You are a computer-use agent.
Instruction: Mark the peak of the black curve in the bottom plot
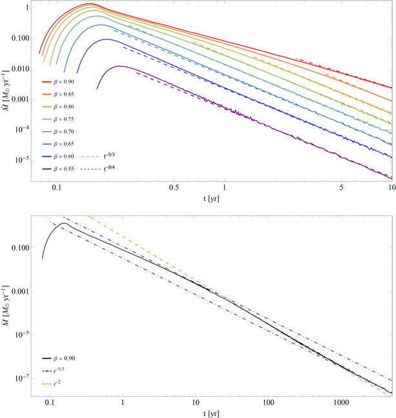[x=63, y=224]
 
